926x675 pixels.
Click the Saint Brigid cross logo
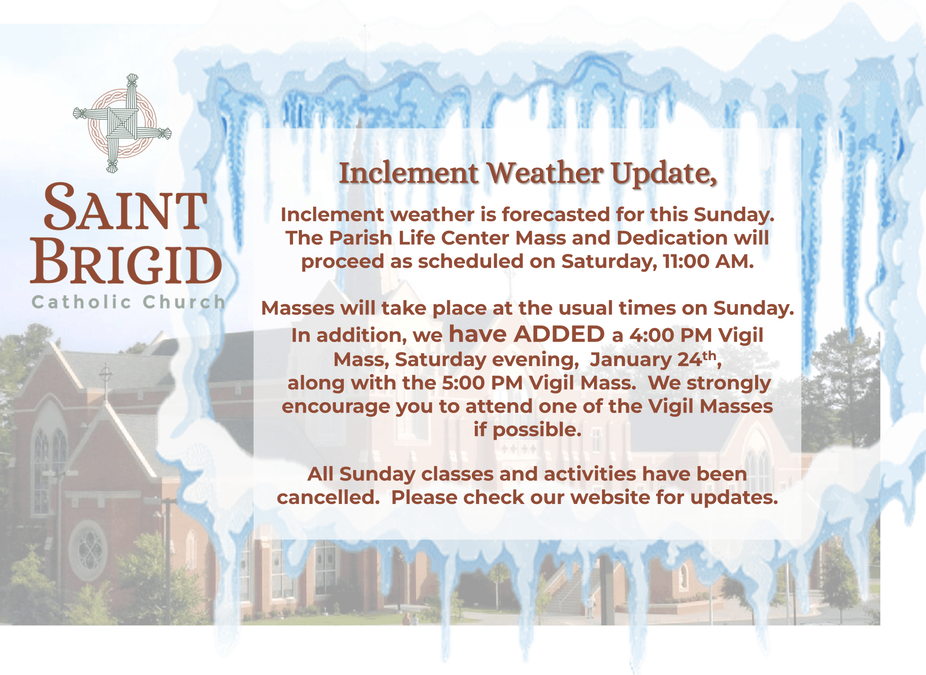[122, 123]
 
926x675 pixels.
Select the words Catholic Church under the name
[128, 302]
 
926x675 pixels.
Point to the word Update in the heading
[663, 174]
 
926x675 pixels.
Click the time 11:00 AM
[709, 261]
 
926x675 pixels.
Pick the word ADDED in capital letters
[559, 334]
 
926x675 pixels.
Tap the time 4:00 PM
[671, 335]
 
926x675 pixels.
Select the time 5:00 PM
[482, 383]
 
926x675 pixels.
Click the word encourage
[335, 407]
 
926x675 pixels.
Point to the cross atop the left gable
[106, 376]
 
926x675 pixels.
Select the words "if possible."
[528, 430]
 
